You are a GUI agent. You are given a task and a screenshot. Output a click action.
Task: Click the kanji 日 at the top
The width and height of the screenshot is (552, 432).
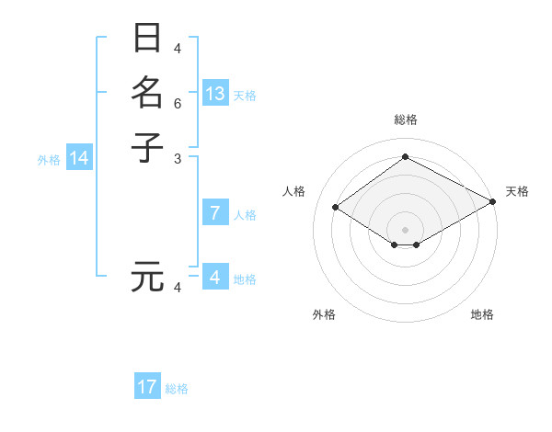pyautogui.click(x=147, y=40)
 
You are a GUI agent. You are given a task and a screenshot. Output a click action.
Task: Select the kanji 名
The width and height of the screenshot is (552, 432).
pyautogui.click(x=147, y=93)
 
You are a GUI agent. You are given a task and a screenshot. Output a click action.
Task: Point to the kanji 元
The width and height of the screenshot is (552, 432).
pyautogui.click(x=147, y=277)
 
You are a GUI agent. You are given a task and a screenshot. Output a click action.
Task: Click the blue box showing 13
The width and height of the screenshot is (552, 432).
pyautogui.click(x=215, y=94)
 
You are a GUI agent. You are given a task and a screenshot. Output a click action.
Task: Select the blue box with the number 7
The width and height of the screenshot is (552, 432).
pyautogui.click(x=215, y=213)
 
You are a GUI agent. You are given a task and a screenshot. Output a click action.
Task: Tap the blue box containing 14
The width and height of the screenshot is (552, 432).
pyautogui.click(x=79, y=158)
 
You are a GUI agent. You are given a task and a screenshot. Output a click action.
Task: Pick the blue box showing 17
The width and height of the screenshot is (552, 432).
pyautogui.click(x=147, y=387)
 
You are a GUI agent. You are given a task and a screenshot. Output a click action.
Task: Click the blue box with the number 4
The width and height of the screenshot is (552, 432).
pyautogui.click(x=215, y=278)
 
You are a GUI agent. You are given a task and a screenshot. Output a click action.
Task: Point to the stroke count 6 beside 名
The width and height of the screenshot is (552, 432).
pyautogui.click(x=178, y=104)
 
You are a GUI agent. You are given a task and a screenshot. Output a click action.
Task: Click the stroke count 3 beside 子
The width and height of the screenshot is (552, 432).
pyautogui.click(x=178, y=158)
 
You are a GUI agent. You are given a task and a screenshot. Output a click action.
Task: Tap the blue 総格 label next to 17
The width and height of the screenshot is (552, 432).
pyautogui.click(x=177, y=389)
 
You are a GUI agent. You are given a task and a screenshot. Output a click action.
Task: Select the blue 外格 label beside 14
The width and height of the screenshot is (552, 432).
pyautogui.click(x=49, y=160)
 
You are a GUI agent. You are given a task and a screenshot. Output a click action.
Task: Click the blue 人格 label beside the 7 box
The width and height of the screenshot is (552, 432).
pyautogui.click(x=245, y=215)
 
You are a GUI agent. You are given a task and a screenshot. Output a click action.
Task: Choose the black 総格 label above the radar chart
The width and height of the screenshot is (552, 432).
pyautogui.click(x=405, y=119)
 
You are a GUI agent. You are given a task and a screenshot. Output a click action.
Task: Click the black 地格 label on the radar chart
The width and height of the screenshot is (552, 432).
pyautogui.click(x=482, y=315)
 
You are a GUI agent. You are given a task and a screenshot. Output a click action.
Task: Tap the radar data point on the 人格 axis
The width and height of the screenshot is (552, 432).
pyautogui.click(x=336, y=208)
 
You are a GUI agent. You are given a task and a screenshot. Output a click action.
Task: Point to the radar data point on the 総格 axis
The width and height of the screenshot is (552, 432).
pyautogui.click(x=405, y=156)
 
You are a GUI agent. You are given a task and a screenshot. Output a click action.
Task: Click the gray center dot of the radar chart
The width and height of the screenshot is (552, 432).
pyautogui.click(x=405, y=229)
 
